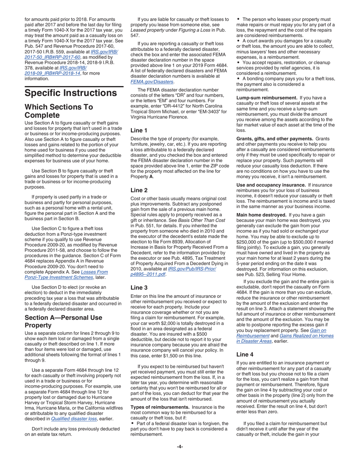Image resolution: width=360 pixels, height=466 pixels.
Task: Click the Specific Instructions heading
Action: [x=70, y=93]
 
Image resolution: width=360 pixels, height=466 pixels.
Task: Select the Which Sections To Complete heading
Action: [x=59, y=111]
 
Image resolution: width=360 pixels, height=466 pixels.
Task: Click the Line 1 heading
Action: [x=139, y=130]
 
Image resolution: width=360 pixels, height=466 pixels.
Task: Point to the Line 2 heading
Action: [x=139, y=190]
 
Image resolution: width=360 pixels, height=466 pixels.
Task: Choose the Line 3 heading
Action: [x=139, y=288]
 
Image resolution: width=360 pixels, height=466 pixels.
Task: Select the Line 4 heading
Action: [x=245, y=355]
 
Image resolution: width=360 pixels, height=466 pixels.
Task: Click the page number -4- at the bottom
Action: [x=180, y=447]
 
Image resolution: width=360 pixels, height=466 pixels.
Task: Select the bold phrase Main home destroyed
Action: [x=261, y=215]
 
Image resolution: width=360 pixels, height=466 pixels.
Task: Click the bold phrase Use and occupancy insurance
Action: [x=271, y=185]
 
